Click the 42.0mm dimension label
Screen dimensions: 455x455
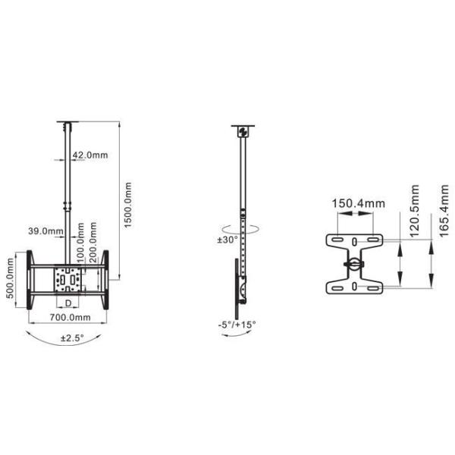click(x=90, y=155)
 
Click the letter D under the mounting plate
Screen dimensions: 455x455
click(x=68, y=303)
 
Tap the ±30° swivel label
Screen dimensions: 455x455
click(x=227, y=240)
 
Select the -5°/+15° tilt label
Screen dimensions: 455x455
click(x=237, y=324)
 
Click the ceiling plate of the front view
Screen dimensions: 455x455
click(x=68, y=122)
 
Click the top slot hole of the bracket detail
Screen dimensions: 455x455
click(x=354, y=242)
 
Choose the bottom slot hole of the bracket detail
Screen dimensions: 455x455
click(x=354, y=286)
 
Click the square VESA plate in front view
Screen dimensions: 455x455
click(x=68, y=280)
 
